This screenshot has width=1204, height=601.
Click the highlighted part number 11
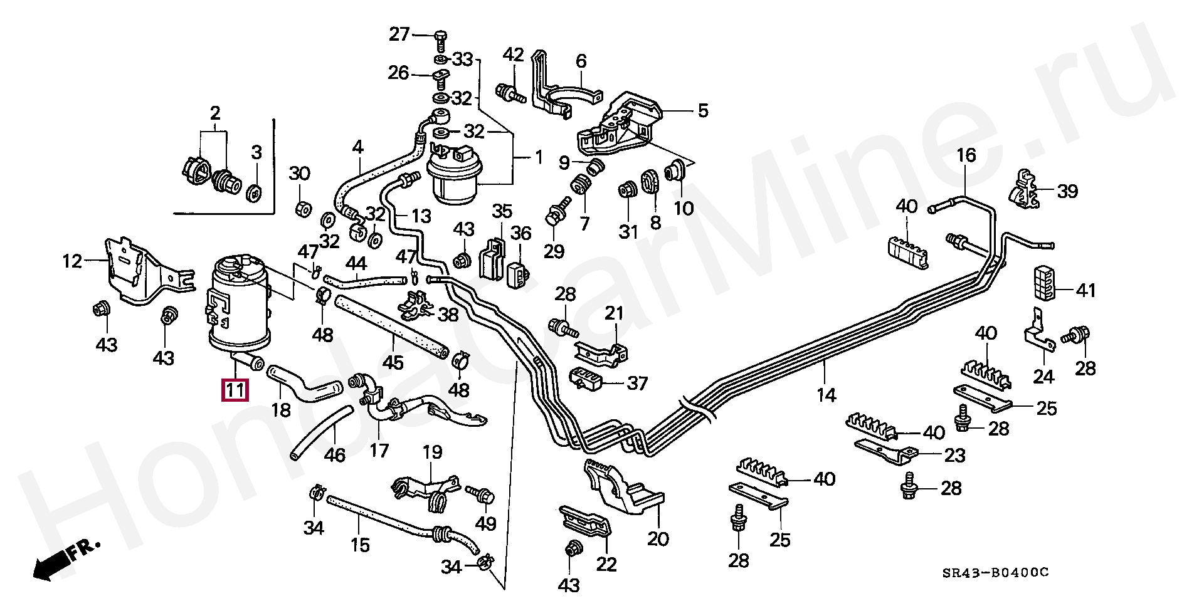(x=234, y=390)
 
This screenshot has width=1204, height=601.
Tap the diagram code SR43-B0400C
(x=995, y=573)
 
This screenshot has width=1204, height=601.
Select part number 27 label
(x=399, y=34)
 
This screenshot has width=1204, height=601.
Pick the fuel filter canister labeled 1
(x=453, y=177)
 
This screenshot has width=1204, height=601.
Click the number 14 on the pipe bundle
(x=826, y=395)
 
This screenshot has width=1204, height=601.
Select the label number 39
(x=1067, y=191)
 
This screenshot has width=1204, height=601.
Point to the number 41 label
(x=1085, y=290)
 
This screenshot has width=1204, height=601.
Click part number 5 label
(x=702, y=111)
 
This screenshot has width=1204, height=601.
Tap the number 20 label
(x=658, y=538)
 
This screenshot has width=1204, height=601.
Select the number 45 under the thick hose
(x=393, y=363)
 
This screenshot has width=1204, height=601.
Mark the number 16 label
(x=966, y=155)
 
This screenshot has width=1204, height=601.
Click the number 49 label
(x=485, y=523)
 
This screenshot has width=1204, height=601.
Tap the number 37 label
(x=637, y=382)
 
